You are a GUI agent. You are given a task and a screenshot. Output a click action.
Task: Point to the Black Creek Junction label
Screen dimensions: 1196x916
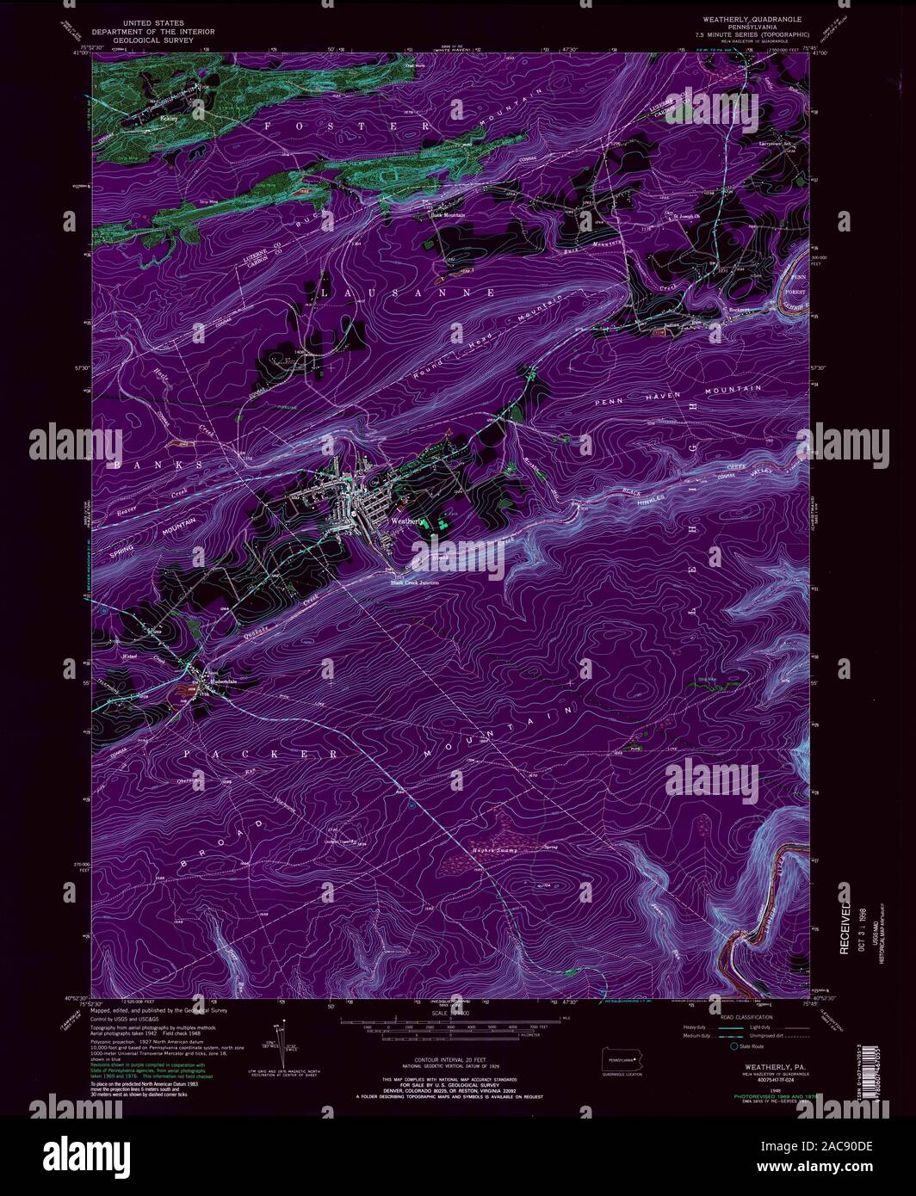(415, 583)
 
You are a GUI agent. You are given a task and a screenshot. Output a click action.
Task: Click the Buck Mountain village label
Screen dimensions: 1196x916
(447, 215)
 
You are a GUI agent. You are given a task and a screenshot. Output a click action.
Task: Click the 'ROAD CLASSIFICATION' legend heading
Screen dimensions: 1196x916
(742, 1017)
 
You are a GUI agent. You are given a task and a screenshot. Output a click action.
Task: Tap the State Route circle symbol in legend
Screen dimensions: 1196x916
(734, 1047)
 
